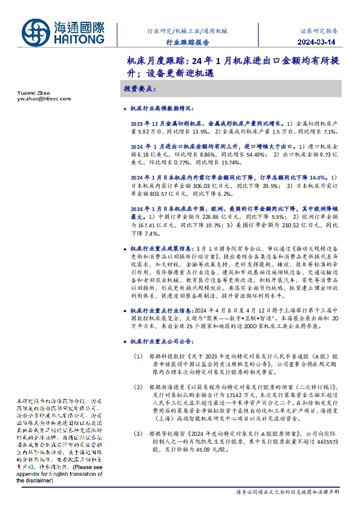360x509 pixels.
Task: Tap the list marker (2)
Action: [x=139, y=386]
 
